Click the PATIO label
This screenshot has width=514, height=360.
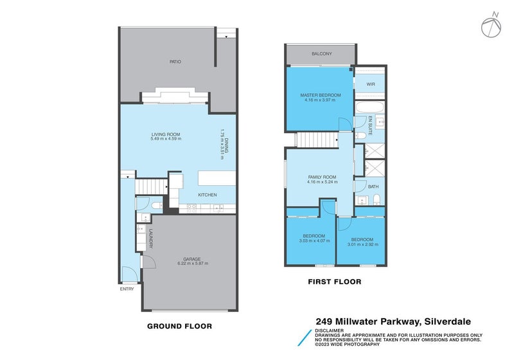(175, 62)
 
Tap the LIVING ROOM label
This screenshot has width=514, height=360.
(166, 134)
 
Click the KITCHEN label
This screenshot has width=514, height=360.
(207, 195)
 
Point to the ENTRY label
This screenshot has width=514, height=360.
(127, 289)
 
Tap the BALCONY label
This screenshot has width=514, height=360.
(321, 54)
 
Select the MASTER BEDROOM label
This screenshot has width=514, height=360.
(321, 95)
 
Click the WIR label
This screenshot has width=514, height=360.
(370, 84)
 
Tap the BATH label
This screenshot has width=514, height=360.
(373, 187)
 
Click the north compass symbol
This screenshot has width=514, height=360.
(490, 26)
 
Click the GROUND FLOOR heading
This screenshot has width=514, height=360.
(179, 326)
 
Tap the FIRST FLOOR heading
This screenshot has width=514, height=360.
(335, 282)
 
